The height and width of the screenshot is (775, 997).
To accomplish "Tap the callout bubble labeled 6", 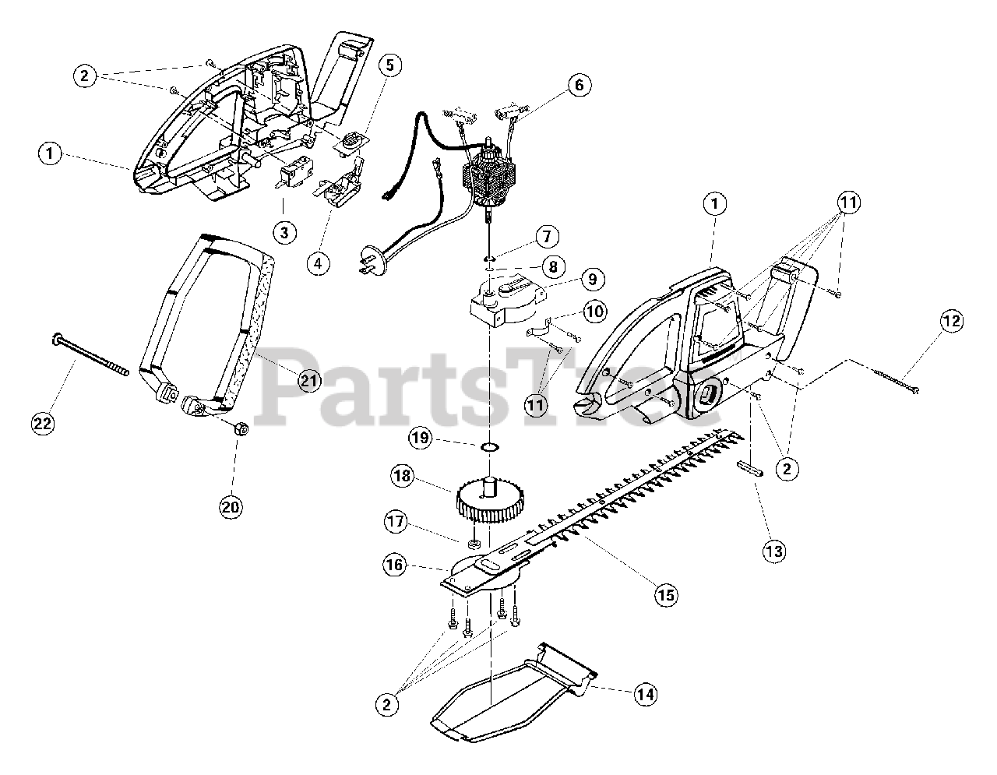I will tap(579, 85).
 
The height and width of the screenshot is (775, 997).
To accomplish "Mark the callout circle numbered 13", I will tap(774, 551).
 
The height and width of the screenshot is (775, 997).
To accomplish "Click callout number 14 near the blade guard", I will tap(645, 694).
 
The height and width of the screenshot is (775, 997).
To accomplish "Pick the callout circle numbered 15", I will tap(666, 595).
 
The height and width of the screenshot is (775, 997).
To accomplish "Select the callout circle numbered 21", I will tap(309, 380).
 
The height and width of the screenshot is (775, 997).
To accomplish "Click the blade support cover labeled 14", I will tap(514, 685).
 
